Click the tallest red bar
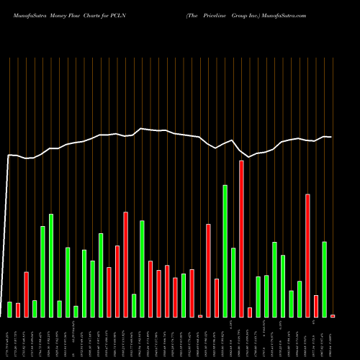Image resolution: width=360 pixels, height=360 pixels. coord(241,238)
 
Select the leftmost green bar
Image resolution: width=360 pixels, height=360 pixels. coord(10,309)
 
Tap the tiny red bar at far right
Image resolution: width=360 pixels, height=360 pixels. coord(333,315)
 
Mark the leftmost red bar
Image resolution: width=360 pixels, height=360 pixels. coord(18,310)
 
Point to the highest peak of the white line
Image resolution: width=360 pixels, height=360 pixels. coord(141,128)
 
